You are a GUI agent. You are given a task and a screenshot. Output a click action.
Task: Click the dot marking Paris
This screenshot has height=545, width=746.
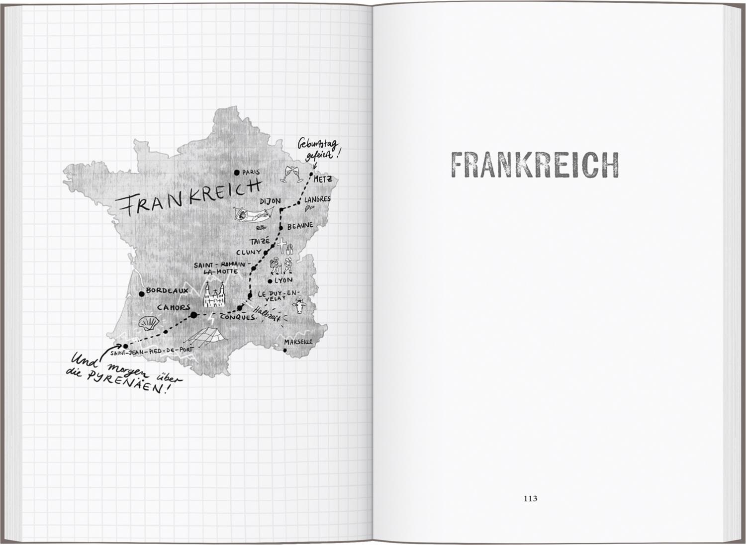click(x=237, y=173)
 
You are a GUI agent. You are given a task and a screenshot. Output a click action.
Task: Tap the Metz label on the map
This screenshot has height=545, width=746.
click(x=323, y=180)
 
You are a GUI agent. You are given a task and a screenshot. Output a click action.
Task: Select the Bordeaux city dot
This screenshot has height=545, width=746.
click(x=142, y=292)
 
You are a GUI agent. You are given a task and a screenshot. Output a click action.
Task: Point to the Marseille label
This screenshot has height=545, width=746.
click(x=298, y=342)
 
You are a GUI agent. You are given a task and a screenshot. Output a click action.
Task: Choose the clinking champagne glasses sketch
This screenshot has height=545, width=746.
click(x=290, y=173)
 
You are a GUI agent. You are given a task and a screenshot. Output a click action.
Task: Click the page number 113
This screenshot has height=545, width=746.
click(x=531, y=498)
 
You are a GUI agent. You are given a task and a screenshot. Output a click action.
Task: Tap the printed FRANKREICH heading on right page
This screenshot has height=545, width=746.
click(x=534, y=165)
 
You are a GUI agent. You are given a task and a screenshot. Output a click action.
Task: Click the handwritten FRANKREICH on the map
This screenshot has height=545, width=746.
click(x=187, y=196)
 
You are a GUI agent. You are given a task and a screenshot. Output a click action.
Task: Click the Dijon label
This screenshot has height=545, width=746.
click(x=271, y=201)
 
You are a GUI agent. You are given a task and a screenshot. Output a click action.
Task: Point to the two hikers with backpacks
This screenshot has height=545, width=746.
click(x=280, y=265)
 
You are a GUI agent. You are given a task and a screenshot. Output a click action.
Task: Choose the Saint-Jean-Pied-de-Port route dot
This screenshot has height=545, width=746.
click(x=125, y=346)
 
